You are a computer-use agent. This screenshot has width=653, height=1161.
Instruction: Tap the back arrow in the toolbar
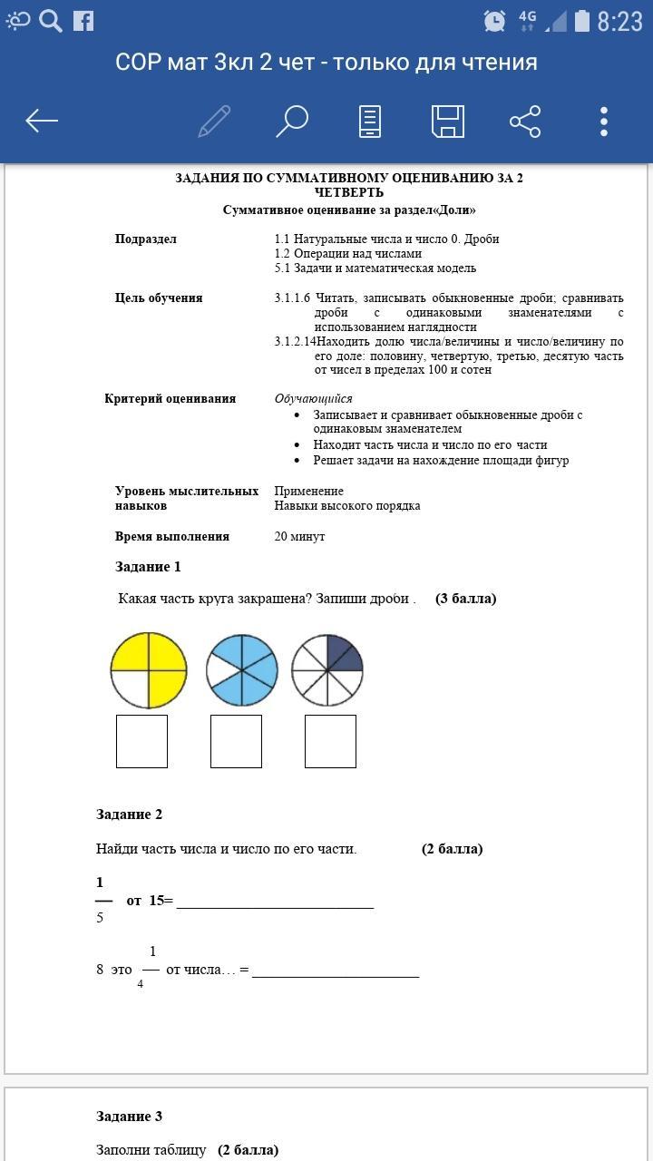tap(42, 121)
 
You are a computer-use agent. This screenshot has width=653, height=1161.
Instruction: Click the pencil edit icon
tap(214, 121)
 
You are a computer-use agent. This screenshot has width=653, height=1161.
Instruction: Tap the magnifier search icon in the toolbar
tap(292, 121)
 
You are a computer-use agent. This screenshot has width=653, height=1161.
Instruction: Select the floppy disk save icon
tap(447, 121)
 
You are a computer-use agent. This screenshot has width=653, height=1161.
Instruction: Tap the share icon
tap(525, 121)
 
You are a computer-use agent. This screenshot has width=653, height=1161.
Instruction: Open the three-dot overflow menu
tap(604, 121)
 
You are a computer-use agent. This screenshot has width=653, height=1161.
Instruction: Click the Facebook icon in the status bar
tap(83, 20)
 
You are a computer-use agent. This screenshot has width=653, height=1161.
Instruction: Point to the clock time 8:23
tap(619, 21)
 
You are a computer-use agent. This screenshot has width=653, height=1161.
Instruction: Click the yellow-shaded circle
tap(149, 670)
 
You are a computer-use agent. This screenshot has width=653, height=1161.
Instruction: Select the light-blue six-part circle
tap(241, 670)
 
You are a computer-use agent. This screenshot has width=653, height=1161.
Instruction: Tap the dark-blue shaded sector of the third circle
tap(343, 654)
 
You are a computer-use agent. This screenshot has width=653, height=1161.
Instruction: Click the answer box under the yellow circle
tap(141, 741)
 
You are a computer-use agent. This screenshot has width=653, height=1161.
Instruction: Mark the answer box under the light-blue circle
tap(236, 741)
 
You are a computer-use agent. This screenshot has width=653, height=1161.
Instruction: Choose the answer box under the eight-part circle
tap(330, 741)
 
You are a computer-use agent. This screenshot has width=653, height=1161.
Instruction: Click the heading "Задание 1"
tap(148, 567)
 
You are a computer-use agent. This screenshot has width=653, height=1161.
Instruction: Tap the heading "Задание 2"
tap(130, 815)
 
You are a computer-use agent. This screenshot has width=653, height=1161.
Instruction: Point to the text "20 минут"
tap(299, 537)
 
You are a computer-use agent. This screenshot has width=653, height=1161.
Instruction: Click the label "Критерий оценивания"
tap(170, 399)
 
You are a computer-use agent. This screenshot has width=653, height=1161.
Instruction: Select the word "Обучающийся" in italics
tap(314, 399)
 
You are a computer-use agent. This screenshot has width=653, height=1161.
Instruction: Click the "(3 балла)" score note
tap(465, 599)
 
